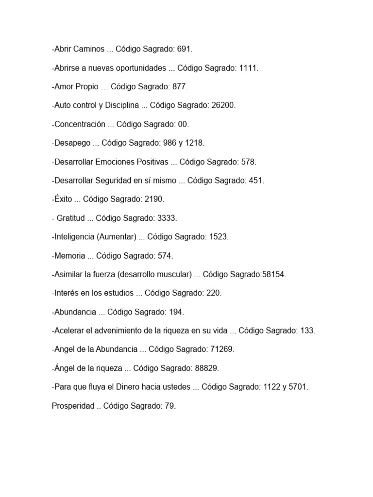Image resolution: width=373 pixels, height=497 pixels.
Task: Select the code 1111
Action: (x=248, y=68)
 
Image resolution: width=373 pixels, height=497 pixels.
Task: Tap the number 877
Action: (x=179, y=87)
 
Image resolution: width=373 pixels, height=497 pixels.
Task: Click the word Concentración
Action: (x=80, y=124)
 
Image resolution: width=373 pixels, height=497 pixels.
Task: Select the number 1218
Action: (x=195, y=143)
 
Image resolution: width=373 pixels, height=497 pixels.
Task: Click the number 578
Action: (x=248, y=162)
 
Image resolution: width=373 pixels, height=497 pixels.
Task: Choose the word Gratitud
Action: (x=70, y=218)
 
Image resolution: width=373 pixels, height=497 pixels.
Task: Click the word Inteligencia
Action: (x=74, y=237)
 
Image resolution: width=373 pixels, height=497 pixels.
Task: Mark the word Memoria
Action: (x=70, y=256)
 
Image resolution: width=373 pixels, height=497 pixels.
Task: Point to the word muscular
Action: (x=174, y=275)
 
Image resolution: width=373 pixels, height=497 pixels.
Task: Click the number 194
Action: (x=176, y=312)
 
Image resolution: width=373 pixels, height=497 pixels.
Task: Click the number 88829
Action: (x=206, y=368)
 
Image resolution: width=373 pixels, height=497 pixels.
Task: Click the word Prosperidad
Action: (x=73, y=406)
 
